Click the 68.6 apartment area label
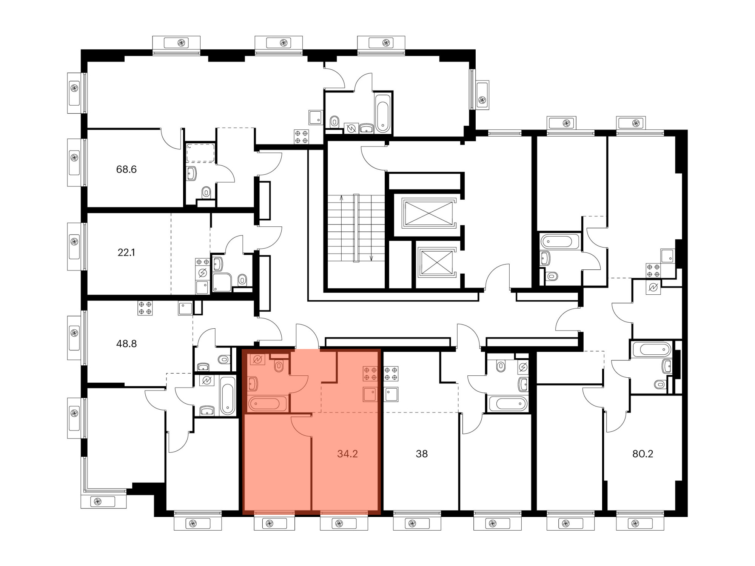coord(126,169)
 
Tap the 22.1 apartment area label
coord(126,252)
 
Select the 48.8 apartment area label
coord(126,344)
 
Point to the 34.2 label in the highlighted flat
coord(347,454)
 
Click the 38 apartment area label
coord(422,454)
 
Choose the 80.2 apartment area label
coord(643,454)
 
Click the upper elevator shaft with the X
coord(428,213)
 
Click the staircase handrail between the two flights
coord(356,228)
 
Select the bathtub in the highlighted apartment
coord(267,404)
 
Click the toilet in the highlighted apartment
coord(279,366)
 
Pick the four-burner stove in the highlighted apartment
coord(370,374)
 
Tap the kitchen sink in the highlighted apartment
coord(370,394)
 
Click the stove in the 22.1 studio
coord(202,262)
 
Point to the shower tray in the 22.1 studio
coord(222,282)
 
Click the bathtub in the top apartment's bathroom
coord(382,113)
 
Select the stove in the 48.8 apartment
coord(145,308)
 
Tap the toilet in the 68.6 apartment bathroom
coord(206,192)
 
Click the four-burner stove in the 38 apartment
coord(391,374)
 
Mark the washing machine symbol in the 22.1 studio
coord(202,273)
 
